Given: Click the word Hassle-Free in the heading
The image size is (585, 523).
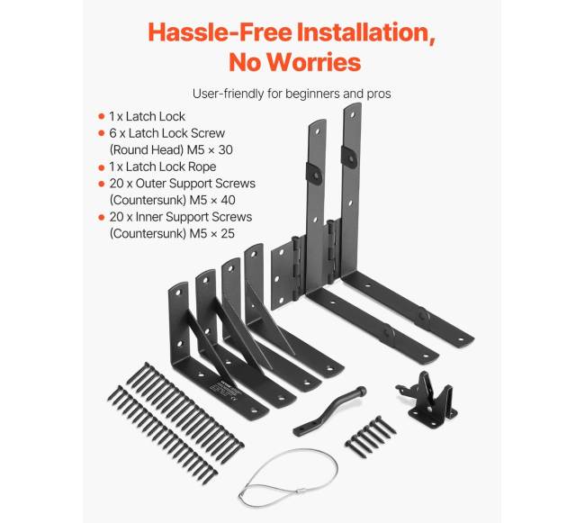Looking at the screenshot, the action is pyautogui.click(x=220, y=32).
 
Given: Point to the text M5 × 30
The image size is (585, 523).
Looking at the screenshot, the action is pyautogui.click(x=210, y=149).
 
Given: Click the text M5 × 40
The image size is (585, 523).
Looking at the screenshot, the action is pyautogui.click(x=212, y=200).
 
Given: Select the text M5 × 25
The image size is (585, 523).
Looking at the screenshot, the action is pyautogui.click(x=211, y=233).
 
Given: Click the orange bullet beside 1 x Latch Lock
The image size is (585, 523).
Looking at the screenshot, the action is pyautogui.click(x=101, y=116).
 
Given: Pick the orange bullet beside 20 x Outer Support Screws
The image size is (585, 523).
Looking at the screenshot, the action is pyautogui.click(x=101, y=184).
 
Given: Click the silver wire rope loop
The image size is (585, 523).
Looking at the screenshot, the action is pyautogui.click(x=287, y=478).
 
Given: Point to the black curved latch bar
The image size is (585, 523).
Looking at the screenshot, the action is pyautogui.click(x=329, y=410).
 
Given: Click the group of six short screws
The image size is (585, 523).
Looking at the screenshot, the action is pyautogui.click(x=371, y=436).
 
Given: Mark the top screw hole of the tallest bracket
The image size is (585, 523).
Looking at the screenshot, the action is pyautogui.click(x=353, y=114).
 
